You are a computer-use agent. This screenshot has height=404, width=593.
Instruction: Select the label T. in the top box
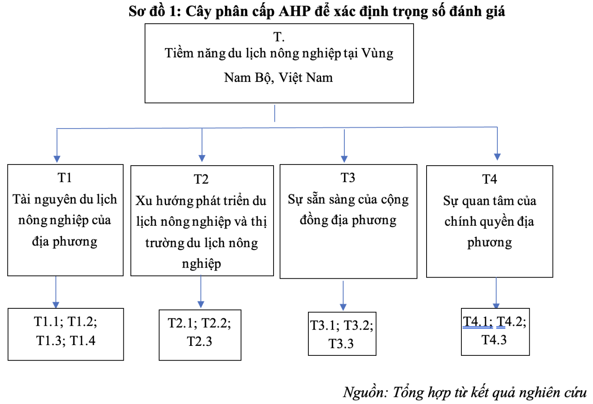[x=279, y=37]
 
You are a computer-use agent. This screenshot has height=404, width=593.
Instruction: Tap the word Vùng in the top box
[x=378, y=53]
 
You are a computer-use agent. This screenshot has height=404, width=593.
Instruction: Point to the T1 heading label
[x=64, y=177]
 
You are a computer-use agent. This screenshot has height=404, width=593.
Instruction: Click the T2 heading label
[x=201, y=179]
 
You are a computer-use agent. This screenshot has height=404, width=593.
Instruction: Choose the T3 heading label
[x=347, y=177]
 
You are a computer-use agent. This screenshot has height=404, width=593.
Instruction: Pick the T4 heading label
[x=489, y=179]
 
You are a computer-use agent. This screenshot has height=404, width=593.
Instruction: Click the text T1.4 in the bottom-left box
[x=83, y=340]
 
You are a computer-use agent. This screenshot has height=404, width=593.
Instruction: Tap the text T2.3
[x=200, y=342]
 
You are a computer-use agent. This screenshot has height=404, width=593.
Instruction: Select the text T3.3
[x=341, y=344]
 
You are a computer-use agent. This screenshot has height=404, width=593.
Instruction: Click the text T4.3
[x=494, y=340]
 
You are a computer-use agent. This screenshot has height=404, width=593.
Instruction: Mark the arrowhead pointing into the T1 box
[x=57, y=159]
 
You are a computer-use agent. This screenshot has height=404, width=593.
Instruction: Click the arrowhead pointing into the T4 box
[x=497, y=157]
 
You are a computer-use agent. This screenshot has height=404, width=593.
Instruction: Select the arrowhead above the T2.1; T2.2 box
[x=201, y=304]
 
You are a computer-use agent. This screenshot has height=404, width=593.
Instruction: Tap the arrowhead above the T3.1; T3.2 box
[x=343, y=307]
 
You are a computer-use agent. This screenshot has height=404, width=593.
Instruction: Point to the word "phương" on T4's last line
[x=489, y=243]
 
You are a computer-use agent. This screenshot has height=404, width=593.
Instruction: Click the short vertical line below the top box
[x=274, y=113]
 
